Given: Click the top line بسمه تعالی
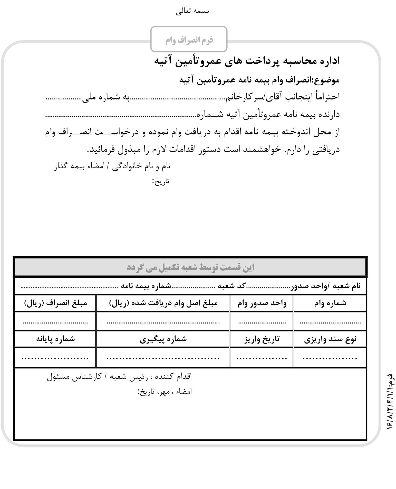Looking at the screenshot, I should point(192,12).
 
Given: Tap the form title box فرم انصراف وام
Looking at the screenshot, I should point(189,40).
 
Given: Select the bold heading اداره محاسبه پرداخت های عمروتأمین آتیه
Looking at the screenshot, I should point(247,61).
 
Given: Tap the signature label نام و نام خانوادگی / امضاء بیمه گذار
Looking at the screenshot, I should point(112,166).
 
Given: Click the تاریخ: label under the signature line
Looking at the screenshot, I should point(161,181).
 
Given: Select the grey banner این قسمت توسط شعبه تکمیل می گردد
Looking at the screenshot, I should point(190,267).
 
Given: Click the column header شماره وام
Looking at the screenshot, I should point(330,303).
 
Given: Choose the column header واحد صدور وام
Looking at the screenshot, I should point(262,303).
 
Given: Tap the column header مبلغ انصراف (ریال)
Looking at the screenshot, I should point(56,303).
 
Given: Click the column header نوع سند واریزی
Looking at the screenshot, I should point(330,339).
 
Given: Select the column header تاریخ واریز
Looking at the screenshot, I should point(262,339).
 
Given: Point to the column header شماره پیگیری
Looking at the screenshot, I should point(163,339).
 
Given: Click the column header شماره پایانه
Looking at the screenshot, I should point(55,339).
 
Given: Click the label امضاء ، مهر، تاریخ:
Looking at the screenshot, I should point(165,391).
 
